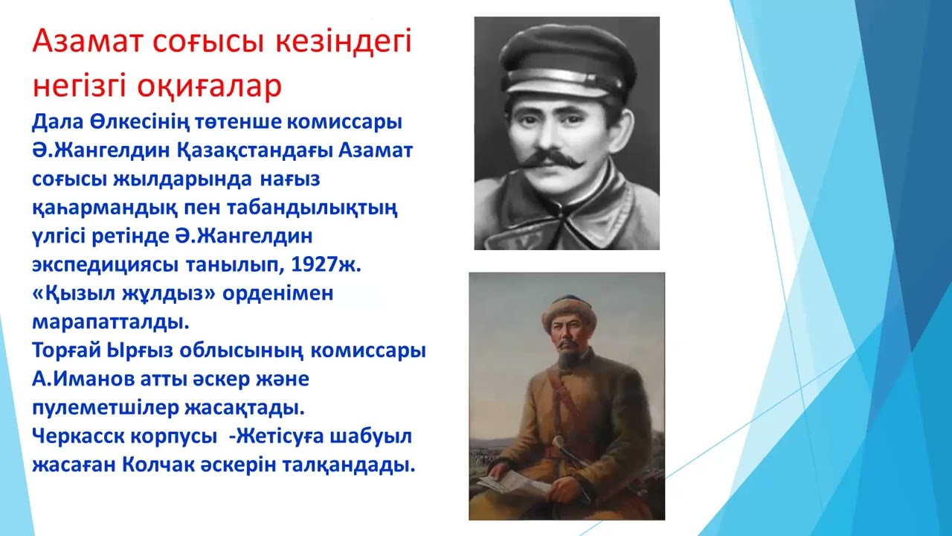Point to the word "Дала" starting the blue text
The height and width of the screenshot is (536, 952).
click(56, 121)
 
